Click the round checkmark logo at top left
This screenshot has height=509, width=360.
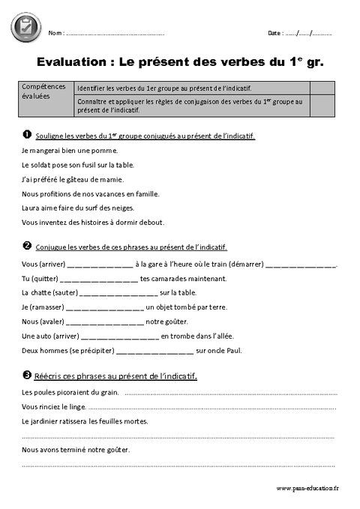[x=25, y=27]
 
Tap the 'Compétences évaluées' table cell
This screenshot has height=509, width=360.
[x=44, y=91]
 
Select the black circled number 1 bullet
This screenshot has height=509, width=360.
[x=27, y=135]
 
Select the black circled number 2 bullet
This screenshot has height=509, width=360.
[x=27, y=246]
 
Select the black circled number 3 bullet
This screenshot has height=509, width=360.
[x=27, y=375]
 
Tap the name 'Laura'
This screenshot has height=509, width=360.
[x=31, y=208]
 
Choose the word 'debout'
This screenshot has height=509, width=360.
[x=151, y=222]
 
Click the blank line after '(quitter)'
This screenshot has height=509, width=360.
[x=104, y=280]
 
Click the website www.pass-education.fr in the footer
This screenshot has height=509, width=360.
[x=307, y=489]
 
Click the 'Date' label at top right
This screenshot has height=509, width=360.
[x=274, y=34]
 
